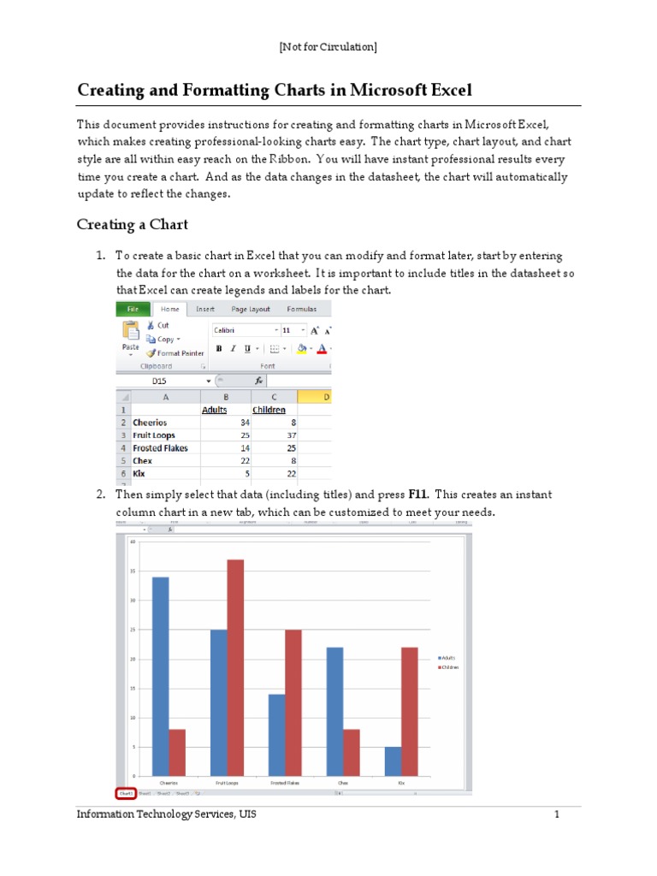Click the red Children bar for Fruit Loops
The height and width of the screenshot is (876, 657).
point(235,667)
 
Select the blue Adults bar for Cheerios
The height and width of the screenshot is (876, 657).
point(160,676)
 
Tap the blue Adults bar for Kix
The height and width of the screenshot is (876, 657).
point(393,761)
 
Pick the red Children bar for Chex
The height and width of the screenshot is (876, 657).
point(352,752)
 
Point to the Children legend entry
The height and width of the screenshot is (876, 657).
point(449,666)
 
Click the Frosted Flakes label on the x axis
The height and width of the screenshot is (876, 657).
point(285,782)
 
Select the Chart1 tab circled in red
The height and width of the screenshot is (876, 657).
point(126,793)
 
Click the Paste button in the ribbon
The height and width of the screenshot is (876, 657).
point(130,338)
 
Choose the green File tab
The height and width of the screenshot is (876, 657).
point(133,309)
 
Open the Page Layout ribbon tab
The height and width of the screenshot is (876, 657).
point(250,309)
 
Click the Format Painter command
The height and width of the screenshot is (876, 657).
point(175,352)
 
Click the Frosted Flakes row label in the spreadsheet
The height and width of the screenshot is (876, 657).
point(160,448)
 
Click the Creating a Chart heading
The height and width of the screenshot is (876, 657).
point(132,224)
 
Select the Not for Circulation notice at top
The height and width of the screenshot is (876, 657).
point(328,46)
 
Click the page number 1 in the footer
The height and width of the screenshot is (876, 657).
point(555,814)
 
